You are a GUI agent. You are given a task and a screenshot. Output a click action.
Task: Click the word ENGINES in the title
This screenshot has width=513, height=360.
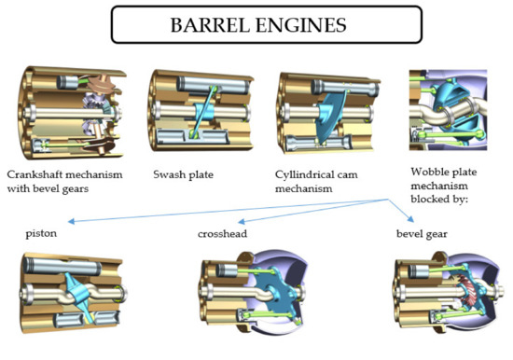[297, 24]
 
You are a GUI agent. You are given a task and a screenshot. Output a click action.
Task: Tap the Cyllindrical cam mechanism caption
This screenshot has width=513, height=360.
[313, 181]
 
